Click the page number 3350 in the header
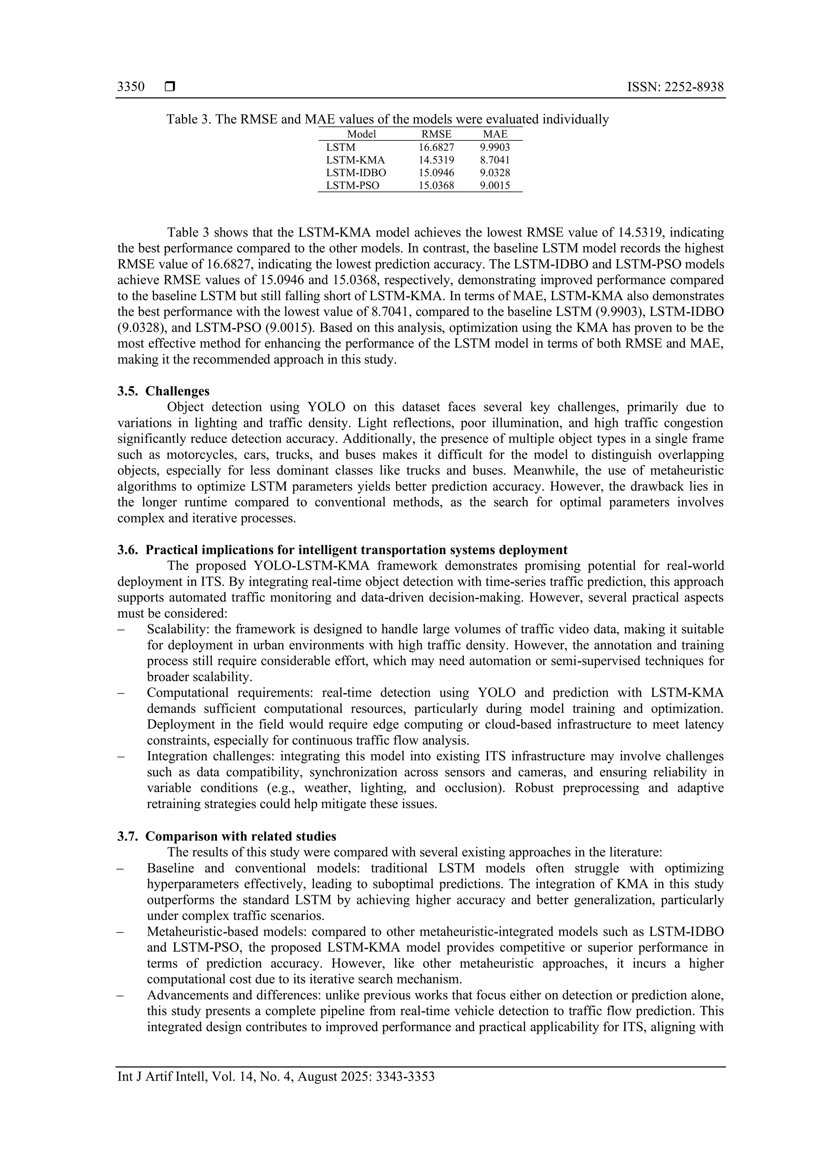pyautogui.click(x=130, y=87)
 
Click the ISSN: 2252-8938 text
pyautogui.click(x=675, y=87)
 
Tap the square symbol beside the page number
pyautogui.click(x=169, y=87)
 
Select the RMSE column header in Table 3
pyautogui.click(x=436, y=134)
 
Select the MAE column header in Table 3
pyautogui.click(x=495, y=134)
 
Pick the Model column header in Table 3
pyautogui.click(x=361, y=134)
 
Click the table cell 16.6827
pyautogui.click(x=436, y=147)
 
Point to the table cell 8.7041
pyautogui.click(x=495, y=160)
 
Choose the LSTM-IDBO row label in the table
pyautogui.click(x=356, y=173)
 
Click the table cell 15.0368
pyautogui.click(x=436, y=185)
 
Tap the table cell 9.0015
pyautogui.click(x=495, y=185)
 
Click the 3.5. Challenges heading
pyautogui.click(x=163, y=391)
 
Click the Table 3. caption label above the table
pyautogui.click(x=189, y=120)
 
